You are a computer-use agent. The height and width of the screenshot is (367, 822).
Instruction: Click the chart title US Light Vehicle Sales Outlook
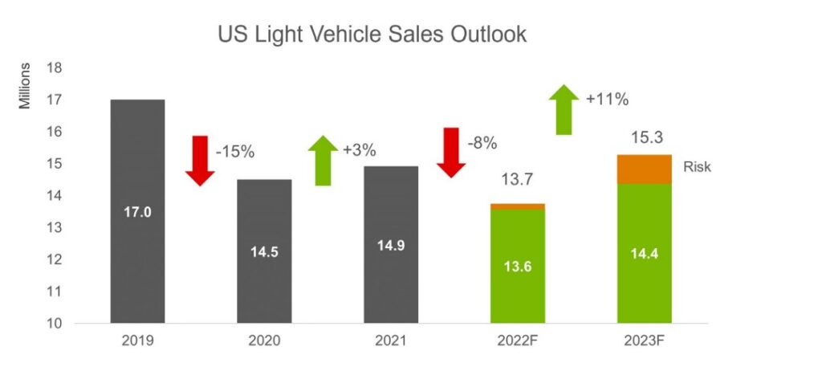[x=372, y=35]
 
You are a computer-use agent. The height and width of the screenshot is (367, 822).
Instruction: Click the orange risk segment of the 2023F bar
[x=644, y=169]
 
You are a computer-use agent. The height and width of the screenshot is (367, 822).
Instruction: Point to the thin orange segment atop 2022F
[x=518, y=206]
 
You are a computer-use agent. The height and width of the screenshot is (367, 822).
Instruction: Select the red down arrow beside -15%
[x=199, y=161]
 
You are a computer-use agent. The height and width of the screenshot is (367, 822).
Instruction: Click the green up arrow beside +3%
[x=323, y=161]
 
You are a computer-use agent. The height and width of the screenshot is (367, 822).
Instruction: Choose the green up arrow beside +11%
[x=564, y=109]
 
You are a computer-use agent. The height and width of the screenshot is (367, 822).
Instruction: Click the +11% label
[x=607, y=100]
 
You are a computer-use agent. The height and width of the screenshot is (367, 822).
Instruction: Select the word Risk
[x=698, y=168]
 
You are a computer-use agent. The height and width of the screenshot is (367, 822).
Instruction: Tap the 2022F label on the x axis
[x=518, y=341]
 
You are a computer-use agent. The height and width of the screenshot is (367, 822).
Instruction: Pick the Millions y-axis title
[x=26, y=84]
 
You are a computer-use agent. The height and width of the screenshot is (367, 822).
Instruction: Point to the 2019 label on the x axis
[x=137, y=341]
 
